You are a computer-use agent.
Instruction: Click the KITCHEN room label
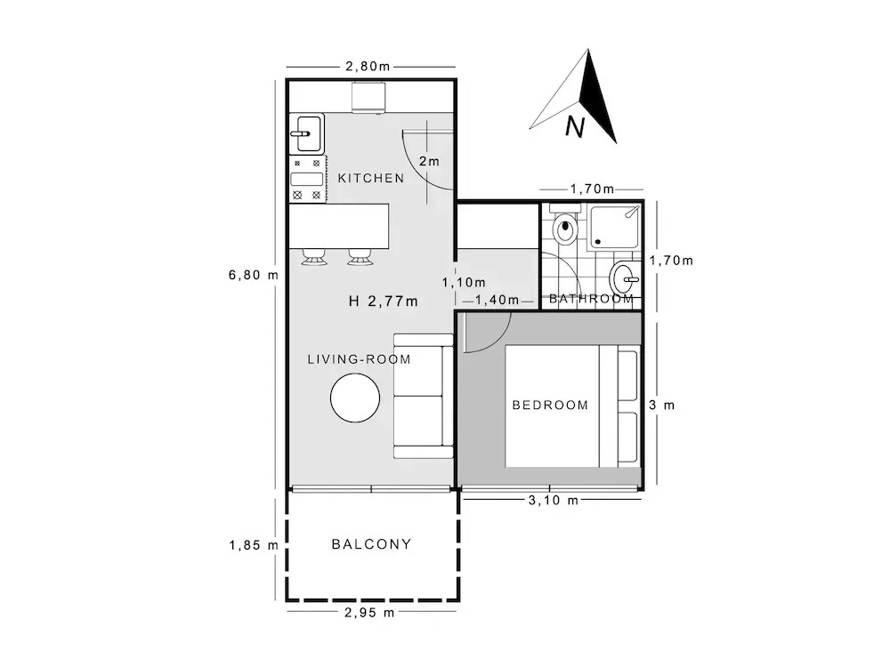(371, 178)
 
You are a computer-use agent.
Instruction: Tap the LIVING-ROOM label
(360, 359)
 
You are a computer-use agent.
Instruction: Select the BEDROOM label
(550, 405)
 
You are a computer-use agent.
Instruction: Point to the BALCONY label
(371, 544)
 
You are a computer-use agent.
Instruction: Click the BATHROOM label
(592, 299)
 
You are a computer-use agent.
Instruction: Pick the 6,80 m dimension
(254, 275)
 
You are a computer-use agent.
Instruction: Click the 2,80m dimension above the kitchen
(368, 67)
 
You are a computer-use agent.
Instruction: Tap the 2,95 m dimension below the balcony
(369, 613)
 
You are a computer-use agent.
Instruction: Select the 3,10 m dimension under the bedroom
(554, 500)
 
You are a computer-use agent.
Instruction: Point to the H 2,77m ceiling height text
(384, 301)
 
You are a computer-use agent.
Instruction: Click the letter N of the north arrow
(574, 127)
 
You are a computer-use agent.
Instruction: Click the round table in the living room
(355, 398)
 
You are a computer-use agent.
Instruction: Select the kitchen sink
(307, 134)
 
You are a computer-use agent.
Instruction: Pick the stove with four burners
(307, 180)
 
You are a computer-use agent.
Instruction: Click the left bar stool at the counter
(314, 257)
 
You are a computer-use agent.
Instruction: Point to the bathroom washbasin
(625, 279)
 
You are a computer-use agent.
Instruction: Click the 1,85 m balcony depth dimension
(254, 546)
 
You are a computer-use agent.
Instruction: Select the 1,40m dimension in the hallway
(497, 300)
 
